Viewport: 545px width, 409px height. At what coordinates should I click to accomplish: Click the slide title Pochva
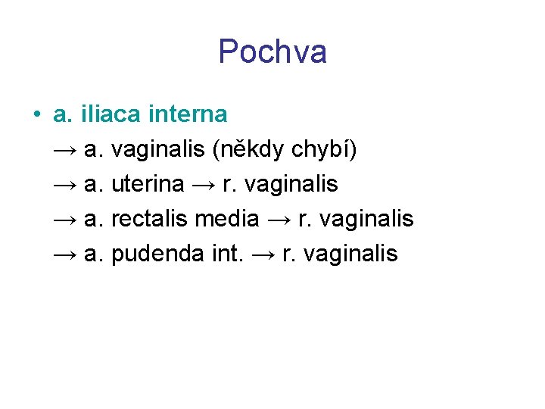pyautogui.click(x=272, y=52)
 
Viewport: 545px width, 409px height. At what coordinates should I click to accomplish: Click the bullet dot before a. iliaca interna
pyautogui.click(x=36, y=115)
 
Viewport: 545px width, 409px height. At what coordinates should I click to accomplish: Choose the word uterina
pyautogui.click(x=148, y=184)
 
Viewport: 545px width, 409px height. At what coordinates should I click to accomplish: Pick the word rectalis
pyautogui.click(x=150, y=219)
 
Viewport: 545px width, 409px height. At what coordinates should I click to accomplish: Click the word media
pyautogui.click(x=227, y=219)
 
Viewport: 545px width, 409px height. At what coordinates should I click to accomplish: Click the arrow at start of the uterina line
pyautogui.click(x=65, y=185)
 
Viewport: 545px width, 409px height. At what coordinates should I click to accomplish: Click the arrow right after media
pyautogui.click(x=279, y=220)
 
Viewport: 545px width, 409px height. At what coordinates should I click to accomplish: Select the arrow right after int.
pyautogui.click(x=262, y=254)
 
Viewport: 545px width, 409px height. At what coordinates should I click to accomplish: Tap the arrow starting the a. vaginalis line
pyautogui.click(x=65, y=151)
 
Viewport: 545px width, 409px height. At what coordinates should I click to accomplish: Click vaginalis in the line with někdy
pyautogui.click(x=157, y=150)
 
